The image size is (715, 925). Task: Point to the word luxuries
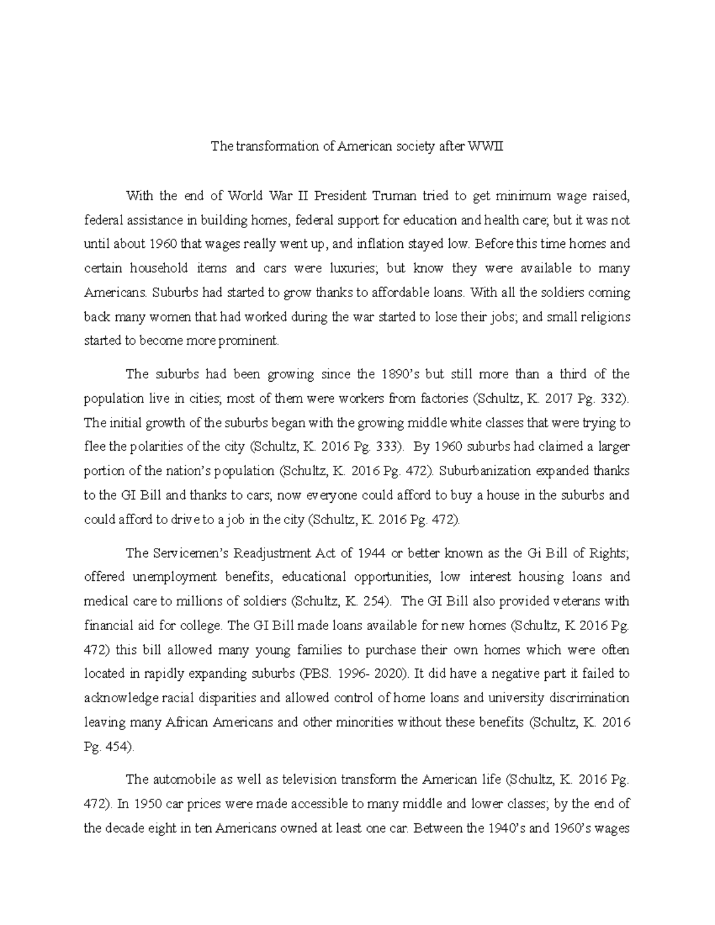(x=353, y=269)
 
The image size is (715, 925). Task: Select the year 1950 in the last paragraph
(x=148, y=803)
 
